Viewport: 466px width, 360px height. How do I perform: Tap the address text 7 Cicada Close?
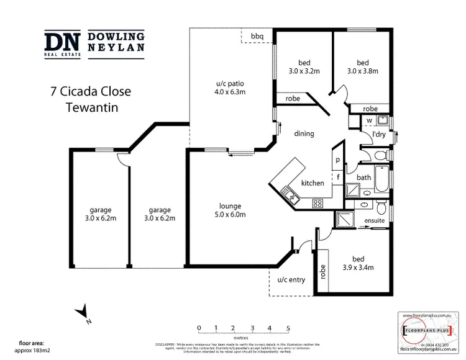click(x=90, y=91)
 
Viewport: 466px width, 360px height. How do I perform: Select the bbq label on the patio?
click(x=257, y=37)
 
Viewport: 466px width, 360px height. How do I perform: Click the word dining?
click(x=304, y=133)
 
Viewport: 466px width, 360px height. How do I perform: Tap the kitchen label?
click(x=313, y=184)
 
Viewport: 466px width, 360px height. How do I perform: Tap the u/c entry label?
click(x=291, y=280)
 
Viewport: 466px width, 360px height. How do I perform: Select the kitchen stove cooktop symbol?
click(x=318, y=202)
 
